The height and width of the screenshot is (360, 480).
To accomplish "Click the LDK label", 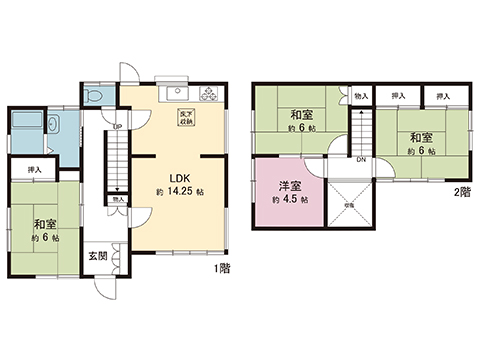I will click(173, 169).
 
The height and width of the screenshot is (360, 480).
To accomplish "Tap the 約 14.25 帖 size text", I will click(180, 190).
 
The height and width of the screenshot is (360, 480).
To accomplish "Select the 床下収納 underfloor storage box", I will click(186, 116).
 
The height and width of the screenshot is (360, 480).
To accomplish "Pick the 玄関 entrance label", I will click(97, 256).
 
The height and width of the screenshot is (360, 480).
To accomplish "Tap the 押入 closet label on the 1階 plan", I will click(34, 170).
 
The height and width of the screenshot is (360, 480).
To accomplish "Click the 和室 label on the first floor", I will click(42, 225).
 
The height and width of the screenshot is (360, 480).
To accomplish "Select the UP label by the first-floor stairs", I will click(117, 126).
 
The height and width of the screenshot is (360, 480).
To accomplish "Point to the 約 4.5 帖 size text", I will click(290, 200).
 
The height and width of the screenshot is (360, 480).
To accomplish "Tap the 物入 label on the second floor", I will click(361, 96).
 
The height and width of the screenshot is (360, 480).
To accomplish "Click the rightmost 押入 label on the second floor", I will click(441, 96).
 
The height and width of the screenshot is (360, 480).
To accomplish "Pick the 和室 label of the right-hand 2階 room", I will click(420, 137).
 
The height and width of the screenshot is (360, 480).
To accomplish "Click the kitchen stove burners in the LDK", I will click(211, 95).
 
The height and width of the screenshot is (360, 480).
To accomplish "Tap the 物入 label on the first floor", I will click(119, 200).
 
